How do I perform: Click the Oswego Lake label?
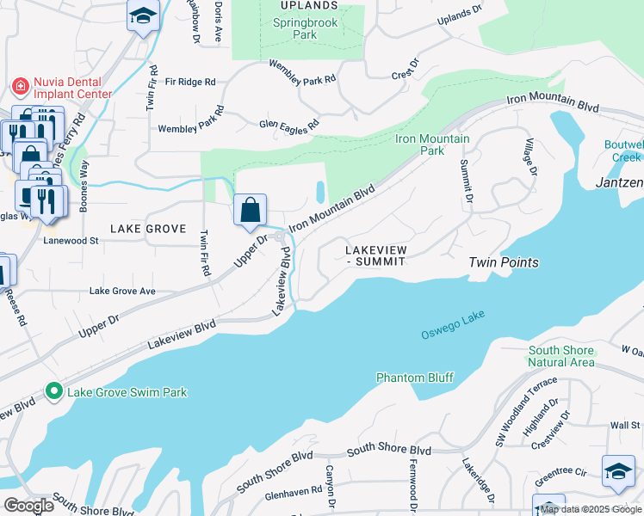tap(453, 325)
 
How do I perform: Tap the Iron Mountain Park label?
tap(432, 144)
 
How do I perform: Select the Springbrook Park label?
tap(306, 29)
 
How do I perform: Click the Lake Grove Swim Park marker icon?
tap(54, 392)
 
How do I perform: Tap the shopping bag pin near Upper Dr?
tap(250, 209)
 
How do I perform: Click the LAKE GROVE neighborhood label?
tap(148, 229)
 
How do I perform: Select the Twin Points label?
tap(504, 262)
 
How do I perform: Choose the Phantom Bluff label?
tap(415, 378)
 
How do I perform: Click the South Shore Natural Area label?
tap(561, 356)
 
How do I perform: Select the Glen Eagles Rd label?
tap(289, 124)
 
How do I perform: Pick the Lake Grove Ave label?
tap(122, 292)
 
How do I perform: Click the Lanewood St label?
tap(71, 242)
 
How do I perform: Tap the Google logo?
tap(28, 506)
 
